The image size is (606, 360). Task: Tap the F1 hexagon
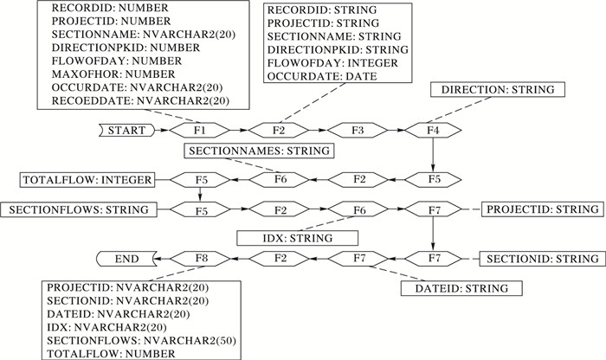point(199,130)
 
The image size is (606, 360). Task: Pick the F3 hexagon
point(356,130)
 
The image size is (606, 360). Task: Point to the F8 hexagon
point(199,258)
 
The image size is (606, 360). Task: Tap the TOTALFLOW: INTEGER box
point(87,180)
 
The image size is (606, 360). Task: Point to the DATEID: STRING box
point(454,286)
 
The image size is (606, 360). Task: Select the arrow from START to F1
point(163,130)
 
